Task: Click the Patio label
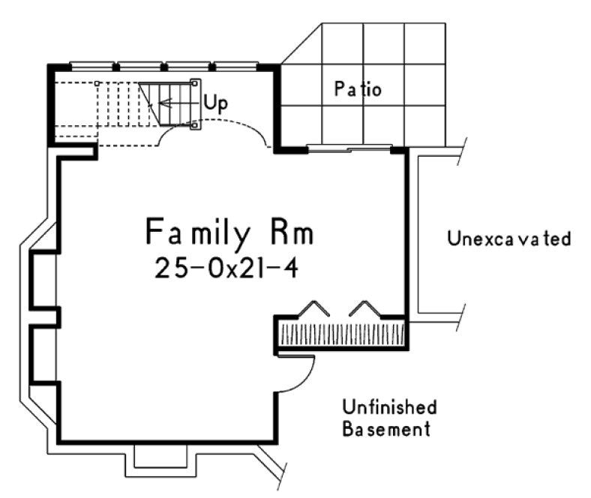(358, 90)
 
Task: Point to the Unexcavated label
(509, 239)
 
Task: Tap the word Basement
(386, 430)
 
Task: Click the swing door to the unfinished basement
(300, 373)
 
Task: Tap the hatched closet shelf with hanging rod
(342, 334)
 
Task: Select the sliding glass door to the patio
(350, 148)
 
